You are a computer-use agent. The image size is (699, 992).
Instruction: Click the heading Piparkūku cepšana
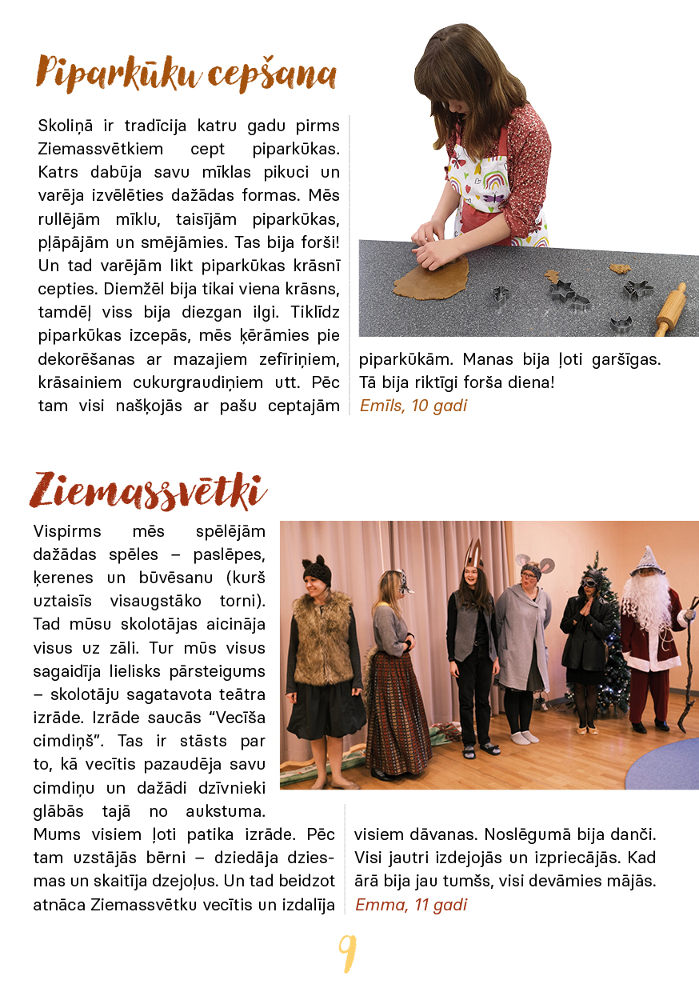pos(186,74)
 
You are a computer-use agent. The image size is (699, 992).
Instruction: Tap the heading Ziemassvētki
pos(148,490)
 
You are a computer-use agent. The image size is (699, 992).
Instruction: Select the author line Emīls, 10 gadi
pos(413,406)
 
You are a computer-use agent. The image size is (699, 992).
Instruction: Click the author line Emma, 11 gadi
pos(411,905)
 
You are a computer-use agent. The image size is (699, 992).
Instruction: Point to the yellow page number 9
pos(347,953)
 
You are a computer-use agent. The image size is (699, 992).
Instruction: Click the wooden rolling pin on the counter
pos(670,310)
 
